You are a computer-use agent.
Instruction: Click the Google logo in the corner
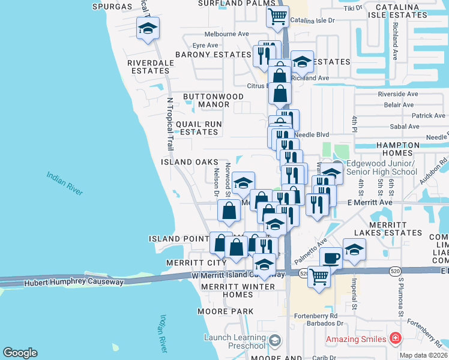[x=20, y=353]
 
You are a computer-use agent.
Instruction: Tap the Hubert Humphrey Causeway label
[x=74, y=282]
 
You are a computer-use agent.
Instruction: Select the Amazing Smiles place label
[x=354, y=340]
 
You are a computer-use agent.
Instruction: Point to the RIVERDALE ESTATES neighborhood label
[x=148, y=66]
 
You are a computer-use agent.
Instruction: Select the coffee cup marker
[x=331, y=258]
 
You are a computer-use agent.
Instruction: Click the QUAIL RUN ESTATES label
[x=198, y=128]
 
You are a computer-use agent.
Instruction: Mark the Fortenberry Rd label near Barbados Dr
[x=316, y=316]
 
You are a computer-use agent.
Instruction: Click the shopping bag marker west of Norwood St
[x=229, y=211]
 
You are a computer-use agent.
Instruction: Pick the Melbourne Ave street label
[x=226, y=34]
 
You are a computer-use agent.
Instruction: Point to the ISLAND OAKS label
[x=189, y=162]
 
